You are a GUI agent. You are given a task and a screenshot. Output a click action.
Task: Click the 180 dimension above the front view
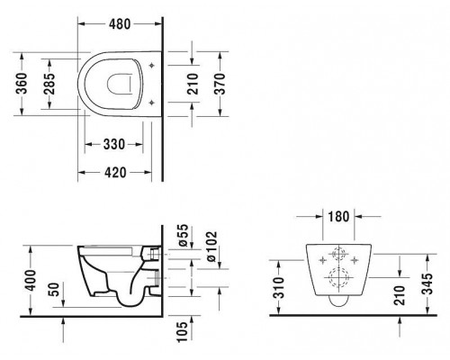(x=340, y=218)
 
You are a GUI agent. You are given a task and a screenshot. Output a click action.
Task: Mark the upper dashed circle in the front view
(x=340, y=254)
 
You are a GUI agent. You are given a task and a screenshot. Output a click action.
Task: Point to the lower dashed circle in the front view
(x=340, y=277)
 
